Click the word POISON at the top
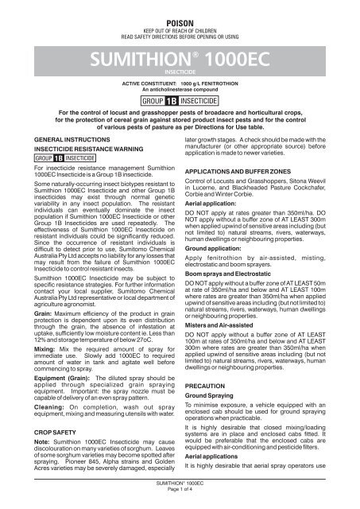pos(179,14)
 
